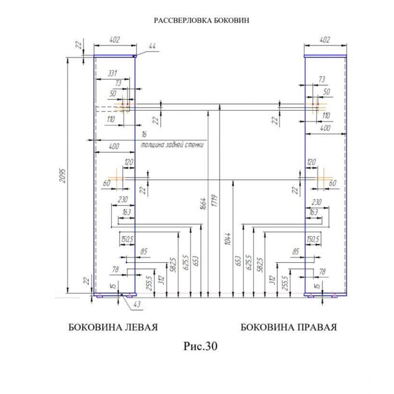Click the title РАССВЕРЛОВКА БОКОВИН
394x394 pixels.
pyautogui.click(x=201, y=20)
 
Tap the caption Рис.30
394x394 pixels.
pyautogui.click(x=200, y=346)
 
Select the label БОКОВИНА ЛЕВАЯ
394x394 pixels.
pyautogui.click(x=113, y=327)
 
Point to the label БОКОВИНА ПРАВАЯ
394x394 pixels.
pyautogui.click(x=289, y=327)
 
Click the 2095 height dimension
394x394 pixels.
pyautogui.click(x=63, y=175)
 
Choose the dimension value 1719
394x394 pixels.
pyautogui.click(x=214, y=201)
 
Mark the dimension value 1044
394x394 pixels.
pyautogui.click(x=227, y=239)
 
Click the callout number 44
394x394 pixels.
pyautogui.click(x=152, y=46)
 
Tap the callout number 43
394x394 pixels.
pyautogui.click(x=137, y=305)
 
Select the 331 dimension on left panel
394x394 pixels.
pyautogui.click(x=113, y=73)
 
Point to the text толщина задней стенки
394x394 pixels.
pyautogui.click(x=172, y=145)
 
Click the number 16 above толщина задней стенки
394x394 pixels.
pyautogui.click(x=144, y=134)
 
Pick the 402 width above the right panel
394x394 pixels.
pyautogui.click(x=325, y=40)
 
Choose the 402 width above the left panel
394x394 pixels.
pyautogui.click(x=115, y=40)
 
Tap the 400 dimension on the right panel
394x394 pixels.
pyautogui.click(x=325, y=128)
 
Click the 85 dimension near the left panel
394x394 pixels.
pyautogui.click(x=144, y=251)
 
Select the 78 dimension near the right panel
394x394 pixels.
pyautogui.click(x=322, y=271)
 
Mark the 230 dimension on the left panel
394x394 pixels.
pyautogui.click(x=123, y=200)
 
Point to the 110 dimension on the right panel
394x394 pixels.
pyautogui.click(x=326, y=116)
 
